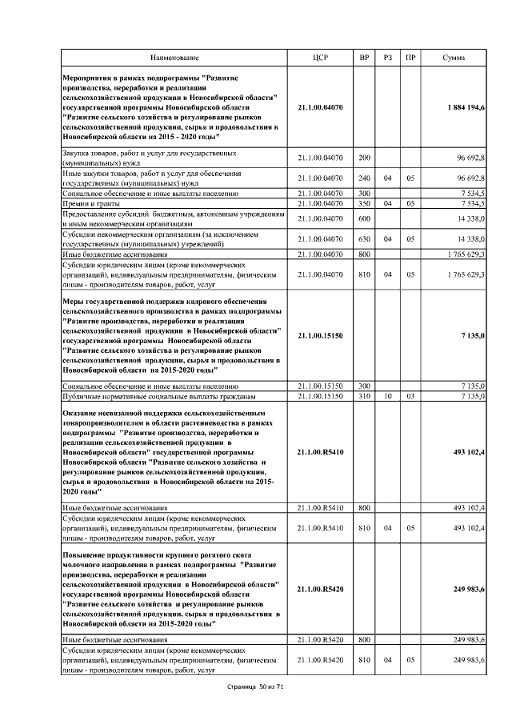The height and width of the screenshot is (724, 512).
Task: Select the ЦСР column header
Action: [319, 58]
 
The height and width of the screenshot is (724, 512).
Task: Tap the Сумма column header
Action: [456, 58]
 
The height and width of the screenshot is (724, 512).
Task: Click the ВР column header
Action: [364, 58]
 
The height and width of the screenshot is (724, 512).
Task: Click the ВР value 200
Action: [364, 157]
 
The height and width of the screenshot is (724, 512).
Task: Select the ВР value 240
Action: [364, 178]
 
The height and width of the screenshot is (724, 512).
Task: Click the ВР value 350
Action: [364, 204]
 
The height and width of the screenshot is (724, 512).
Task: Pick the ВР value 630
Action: [364, 238]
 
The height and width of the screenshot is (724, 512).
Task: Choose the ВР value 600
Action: [364, 218]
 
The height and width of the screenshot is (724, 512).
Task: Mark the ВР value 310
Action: [364, 396]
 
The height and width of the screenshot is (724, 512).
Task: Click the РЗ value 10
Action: [387, 396]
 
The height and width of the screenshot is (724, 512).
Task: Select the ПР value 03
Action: [410, 396]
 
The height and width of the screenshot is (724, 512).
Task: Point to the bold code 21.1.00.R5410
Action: [319, 453]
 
